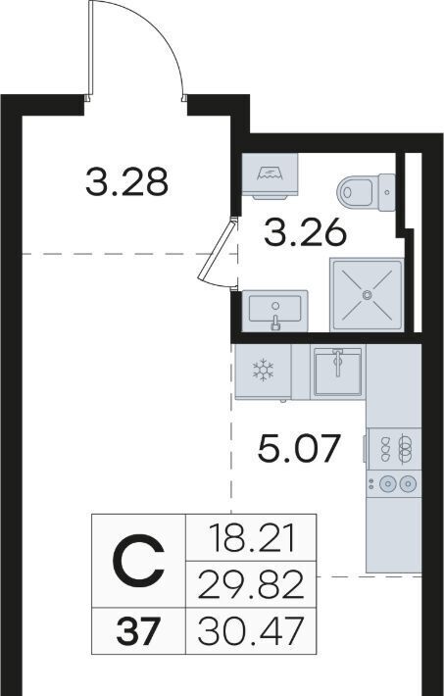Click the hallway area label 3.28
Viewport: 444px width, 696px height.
click(x=127, y=181)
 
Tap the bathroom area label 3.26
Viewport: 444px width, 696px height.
click(x=305, y=232)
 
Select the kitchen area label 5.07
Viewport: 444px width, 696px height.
click(x=299, y=447)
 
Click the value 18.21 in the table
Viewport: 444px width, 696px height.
click(x=251, y=537)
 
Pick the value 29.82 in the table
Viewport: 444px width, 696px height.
click(x=251, y=584)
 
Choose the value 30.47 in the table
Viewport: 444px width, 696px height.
click(x=251, y=631)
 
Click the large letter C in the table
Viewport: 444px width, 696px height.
click(x=138, y=561)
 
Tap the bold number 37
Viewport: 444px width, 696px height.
click(x=137, y=631)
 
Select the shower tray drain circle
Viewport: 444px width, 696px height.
click(x=367, y=294)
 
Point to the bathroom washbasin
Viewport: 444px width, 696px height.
click(x=274, y=311)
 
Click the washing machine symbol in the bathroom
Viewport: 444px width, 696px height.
click(x=270, y=175)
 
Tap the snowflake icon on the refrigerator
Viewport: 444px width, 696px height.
click(x=264, y=370)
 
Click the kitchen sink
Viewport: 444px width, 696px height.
click(x=338, y=372)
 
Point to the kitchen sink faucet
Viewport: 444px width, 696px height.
click(x=338, y=361)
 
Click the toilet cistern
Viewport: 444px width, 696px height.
click(x=387, y=192)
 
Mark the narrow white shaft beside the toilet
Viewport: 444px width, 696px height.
click(x=413, y=191)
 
